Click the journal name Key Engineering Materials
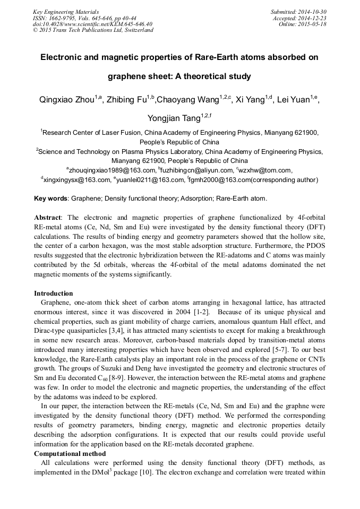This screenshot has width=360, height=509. coord(66,12)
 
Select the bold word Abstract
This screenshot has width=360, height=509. coord(48,218)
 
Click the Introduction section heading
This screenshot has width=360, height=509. coord(54,294)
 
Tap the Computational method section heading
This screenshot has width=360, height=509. coord(70,454)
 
